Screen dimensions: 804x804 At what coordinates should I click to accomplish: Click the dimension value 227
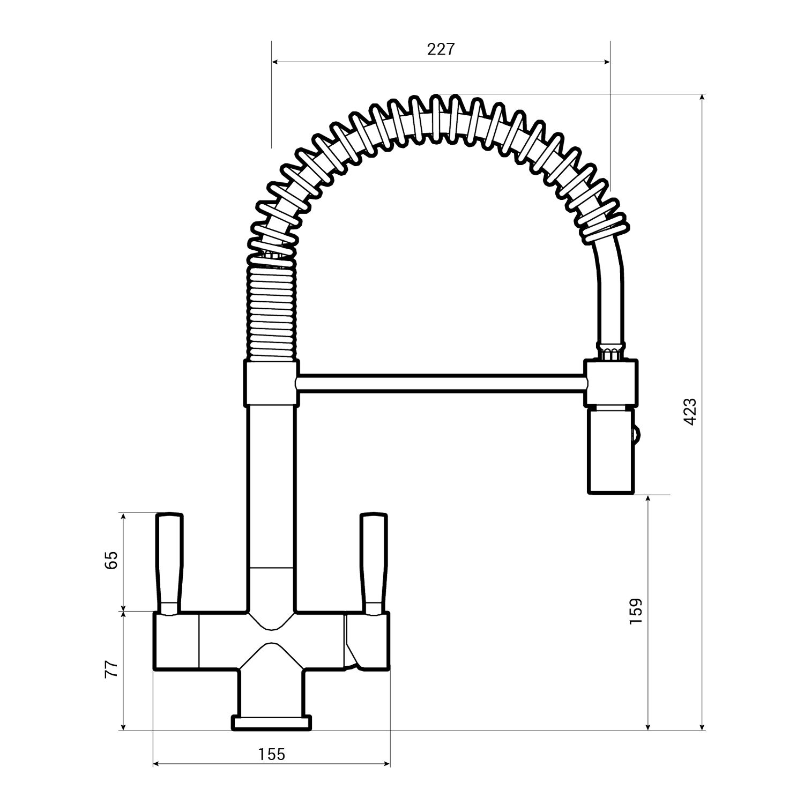click(x=441, y=49)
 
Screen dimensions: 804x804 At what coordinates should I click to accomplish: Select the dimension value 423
click(x=690, y=412)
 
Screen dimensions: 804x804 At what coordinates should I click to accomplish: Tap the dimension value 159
click(x=636, y=611)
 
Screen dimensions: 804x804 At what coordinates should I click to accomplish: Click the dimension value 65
click(x=111, y=561)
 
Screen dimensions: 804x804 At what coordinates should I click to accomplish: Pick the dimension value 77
click(x=111, y=669)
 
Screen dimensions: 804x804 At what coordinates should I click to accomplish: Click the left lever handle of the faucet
click(x=169, y=563)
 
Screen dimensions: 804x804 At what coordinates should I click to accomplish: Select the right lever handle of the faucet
click(x=374, y=563)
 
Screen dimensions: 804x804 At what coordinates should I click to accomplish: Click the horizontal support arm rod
click(x=440, y=383)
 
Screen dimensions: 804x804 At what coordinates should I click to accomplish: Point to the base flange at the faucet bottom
click(x=271, y=723)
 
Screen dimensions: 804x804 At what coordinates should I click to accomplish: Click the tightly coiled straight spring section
click(x=271, y=311)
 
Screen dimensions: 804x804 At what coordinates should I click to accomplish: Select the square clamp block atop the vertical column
click(x=271, y=383)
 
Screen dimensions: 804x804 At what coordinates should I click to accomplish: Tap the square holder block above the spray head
click(x=612, y=383)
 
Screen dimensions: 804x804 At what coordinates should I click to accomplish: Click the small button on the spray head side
click(x=637, y=433)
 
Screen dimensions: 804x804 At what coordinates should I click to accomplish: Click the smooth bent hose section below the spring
click(x=609, y=289)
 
